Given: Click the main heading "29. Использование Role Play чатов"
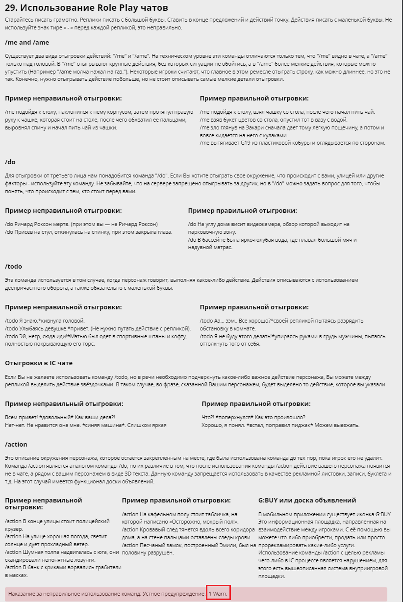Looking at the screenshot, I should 86,8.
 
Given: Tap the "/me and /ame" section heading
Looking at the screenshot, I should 27,43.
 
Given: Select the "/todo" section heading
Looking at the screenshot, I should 14,266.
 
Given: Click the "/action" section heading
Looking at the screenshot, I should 16,444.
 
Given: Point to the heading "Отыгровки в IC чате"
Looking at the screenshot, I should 39,363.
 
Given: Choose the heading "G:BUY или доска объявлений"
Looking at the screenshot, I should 306,500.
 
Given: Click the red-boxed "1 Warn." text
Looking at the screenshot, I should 218,594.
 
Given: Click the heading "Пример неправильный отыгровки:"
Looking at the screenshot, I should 64,403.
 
